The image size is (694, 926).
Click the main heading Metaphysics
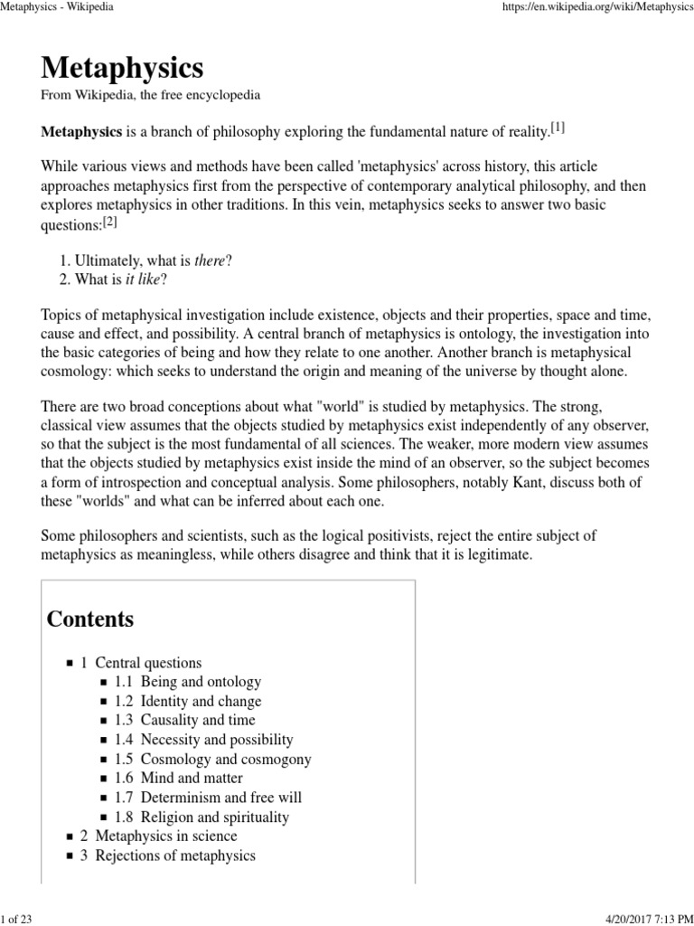coord(122,68)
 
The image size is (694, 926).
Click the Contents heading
coord(90,619)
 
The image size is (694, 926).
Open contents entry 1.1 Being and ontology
coord(188,682)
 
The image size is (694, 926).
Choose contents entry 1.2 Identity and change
coord(188,701)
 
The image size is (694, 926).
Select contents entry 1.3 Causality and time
coord(185,720)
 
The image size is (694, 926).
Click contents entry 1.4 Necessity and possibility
coord(200,740)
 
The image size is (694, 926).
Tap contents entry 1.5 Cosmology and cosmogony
coord(213,759)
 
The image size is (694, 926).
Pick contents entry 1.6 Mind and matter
coord(179,778)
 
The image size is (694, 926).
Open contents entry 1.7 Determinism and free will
coord(209,797)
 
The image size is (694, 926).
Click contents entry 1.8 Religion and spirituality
coord(202,817)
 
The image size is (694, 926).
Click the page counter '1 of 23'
coord(17,918)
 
